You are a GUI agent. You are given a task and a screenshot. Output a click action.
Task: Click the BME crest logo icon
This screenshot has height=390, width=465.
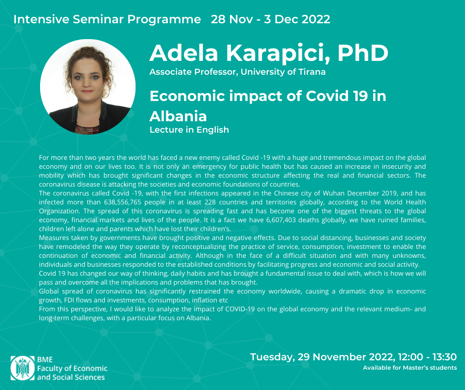(x=23, y=368)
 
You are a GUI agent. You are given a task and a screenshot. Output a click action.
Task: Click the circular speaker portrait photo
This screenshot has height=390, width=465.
(x=88, y=87)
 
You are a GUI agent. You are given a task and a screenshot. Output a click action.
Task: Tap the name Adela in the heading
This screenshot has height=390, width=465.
(x=184, y=53)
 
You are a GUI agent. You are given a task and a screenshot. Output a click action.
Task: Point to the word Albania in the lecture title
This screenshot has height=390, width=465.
(x=178, y=116)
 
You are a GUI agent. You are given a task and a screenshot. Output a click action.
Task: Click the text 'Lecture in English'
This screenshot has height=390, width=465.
(x=189, y=130)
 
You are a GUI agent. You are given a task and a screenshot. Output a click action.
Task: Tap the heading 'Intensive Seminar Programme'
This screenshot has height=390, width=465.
(x=107, y=19)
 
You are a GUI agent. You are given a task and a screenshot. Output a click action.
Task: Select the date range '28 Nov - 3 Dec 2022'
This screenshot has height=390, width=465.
(x=271, y=19)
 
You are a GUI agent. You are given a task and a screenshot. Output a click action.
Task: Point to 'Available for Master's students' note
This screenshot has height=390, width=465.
(x=410, y=368)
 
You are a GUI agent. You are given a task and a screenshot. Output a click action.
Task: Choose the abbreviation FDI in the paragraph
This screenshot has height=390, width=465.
(x=70, y=300)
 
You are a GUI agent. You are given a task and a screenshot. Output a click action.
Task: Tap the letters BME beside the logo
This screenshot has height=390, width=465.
(x=45, y=359)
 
